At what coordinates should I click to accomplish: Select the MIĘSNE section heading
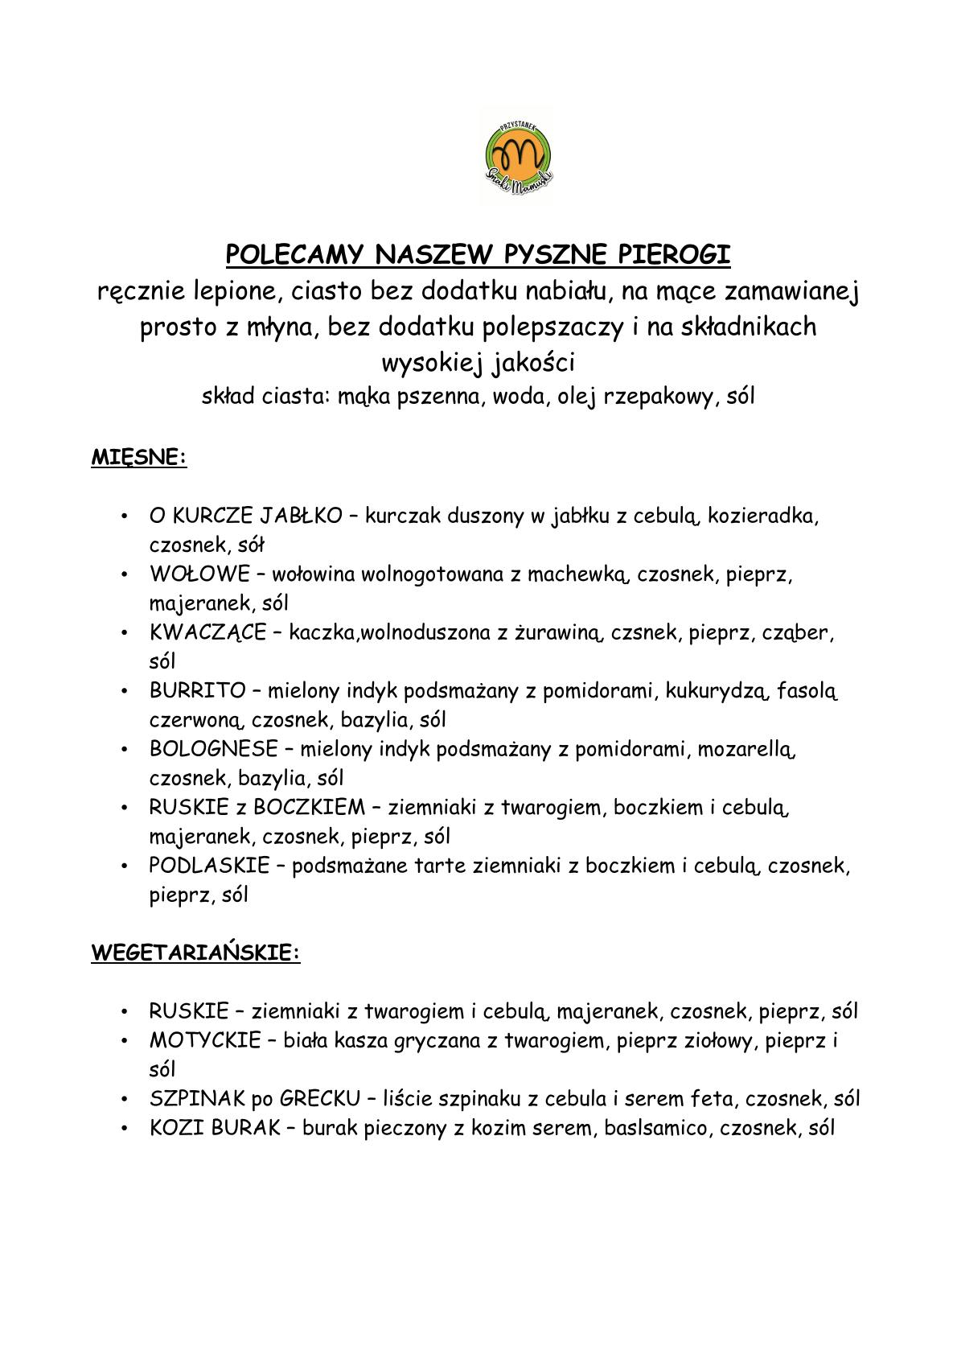tap(138, 457)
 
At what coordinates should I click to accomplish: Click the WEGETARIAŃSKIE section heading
tap(195, 953)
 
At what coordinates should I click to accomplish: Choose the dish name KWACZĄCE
tap(207, 632)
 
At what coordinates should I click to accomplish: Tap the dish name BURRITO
tap(198, 690)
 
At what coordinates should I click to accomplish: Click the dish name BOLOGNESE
tap(213, 749)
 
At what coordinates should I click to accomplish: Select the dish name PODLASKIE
tap(209, 866)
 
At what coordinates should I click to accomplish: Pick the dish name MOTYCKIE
tap(205, 1040)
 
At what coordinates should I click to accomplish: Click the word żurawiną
tap(561, 632)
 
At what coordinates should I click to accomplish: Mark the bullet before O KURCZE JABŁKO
tap(124, 516)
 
